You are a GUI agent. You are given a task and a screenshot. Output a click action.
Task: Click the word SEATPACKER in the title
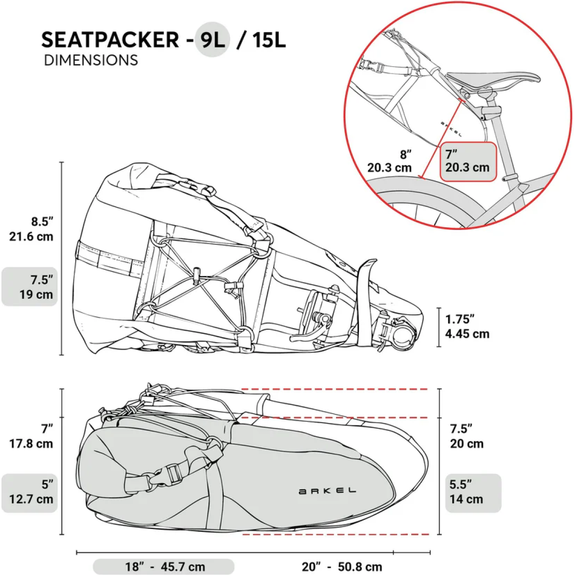point(110,40)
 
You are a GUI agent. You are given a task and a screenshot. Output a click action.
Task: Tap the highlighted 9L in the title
point(212,40)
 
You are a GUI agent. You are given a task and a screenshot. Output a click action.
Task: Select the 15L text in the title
point(268,40)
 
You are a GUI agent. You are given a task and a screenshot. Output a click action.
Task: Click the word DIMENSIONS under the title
point(91,60)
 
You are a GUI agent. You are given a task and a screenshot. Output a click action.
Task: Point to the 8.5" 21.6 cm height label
point(32,229)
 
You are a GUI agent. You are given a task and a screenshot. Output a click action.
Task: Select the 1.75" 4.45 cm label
point(467,326)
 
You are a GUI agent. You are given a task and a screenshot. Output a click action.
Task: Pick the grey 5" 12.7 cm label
point(31,492)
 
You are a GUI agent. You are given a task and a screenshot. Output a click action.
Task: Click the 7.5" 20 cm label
point(466,436)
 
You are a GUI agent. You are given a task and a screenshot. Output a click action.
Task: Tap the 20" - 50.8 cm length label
point(342,567)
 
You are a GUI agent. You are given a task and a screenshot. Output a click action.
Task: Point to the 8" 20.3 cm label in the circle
point(390,161)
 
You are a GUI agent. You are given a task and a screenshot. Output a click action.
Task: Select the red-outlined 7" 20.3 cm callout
point(468,161)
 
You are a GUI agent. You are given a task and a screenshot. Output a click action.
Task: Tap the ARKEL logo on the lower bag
point(327,491)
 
